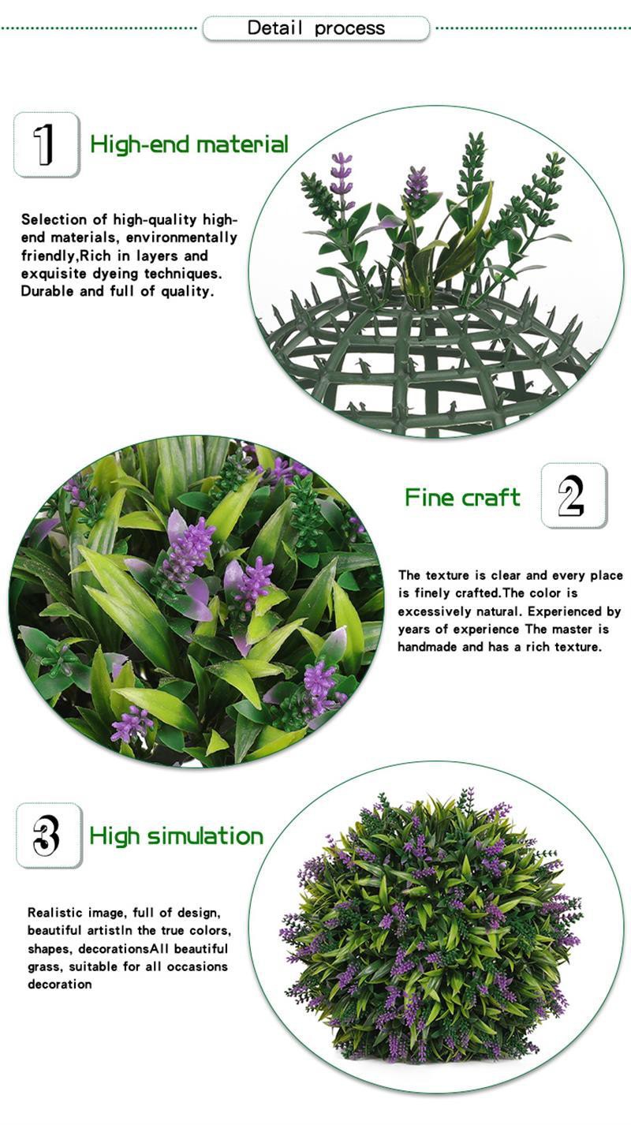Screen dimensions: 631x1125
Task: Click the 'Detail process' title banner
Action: tap(315, 28)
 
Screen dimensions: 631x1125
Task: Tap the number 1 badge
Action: tap(47, 144)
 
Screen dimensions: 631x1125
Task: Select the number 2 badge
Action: tap(573, 495)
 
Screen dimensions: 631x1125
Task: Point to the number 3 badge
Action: tap(49, 835)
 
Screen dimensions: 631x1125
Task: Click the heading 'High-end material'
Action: tap(189, 144)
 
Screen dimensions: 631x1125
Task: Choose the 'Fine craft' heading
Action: tap(462, 497)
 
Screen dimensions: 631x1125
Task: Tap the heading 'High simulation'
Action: tap(176, 836)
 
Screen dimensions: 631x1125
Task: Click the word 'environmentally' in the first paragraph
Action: tap(181, 237)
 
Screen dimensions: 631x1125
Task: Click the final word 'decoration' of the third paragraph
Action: tap(60, 984)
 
